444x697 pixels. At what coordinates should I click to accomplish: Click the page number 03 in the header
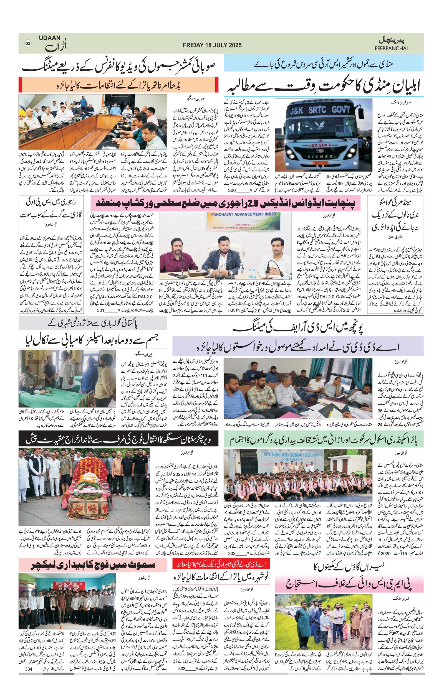(28, 44)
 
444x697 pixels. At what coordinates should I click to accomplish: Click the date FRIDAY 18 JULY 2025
(212, 45)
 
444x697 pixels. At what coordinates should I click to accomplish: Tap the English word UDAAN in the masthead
(50, 38)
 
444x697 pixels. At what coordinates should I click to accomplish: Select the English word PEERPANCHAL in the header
(392, 48)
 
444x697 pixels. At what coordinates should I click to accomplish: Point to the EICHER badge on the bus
(317, 156)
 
